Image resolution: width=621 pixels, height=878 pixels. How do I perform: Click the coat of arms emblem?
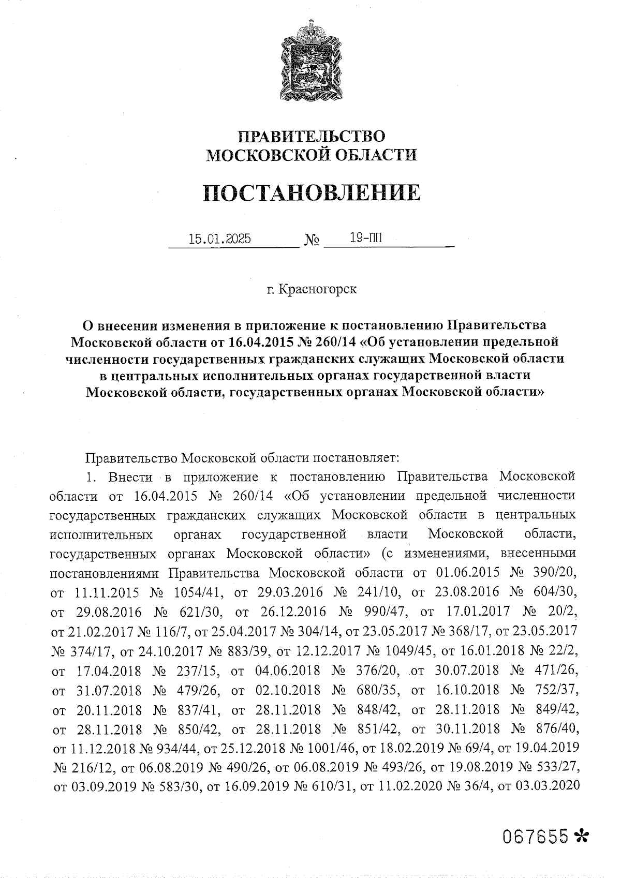tap(311, 62)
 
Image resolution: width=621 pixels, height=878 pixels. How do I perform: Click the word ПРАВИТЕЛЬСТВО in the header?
tap(311, 137)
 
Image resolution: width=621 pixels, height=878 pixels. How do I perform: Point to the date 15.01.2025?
tap(220, 239)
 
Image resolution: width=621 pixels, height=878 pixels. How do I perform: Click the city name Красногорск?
tap(317, 289)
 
